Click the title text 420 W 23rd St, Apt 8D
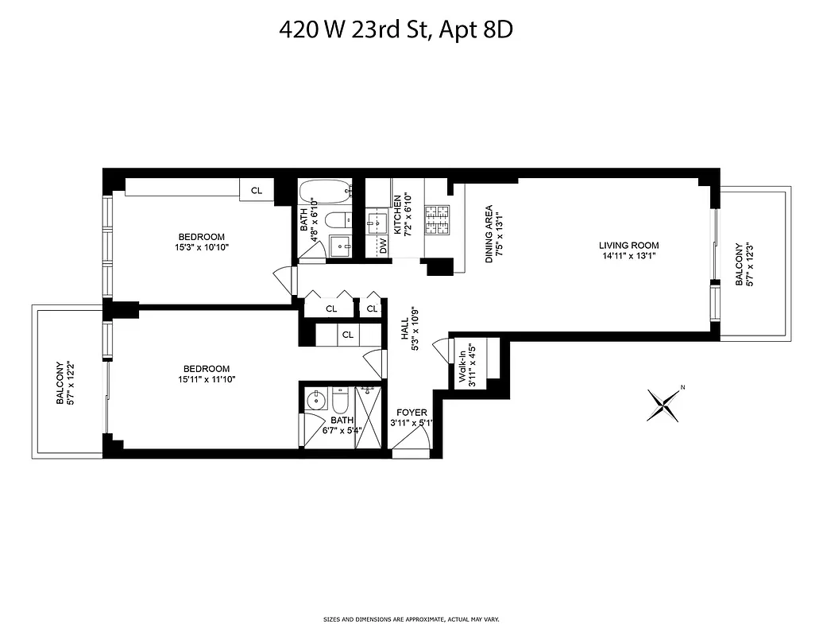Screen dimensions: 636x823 [x=400, y=30]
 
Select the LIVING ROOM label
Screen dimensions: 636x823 [x=629, y=246]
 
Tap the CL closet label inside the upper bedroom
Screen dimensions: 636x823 [x=257, y=191]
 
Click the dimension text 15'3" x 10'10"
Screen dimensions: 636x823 [x=201, y=247]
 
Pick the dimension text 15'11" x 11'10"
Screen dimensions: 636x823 [x=207, y=379]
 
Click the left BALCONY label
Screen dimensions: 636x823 [x=60, y=383]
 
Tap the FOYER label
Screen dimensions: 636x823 [x=412, y=413]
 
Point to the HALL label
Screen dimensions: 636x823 [x=404, y=328]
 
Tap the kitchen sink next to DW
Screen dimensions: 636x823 [x=376, y=223]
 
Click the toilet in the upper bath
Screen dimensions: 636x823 [x=338, y=220]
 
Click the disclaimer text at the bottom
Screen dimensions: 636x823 [x=411, y=619]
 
